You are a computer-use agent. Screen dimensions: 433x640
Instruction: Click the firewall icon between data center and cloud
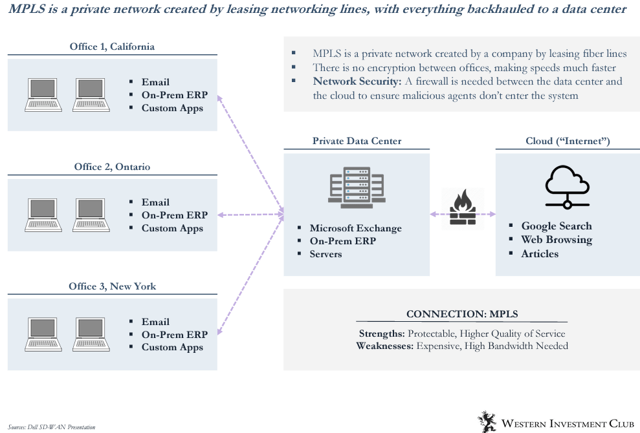click(x=462, y=208)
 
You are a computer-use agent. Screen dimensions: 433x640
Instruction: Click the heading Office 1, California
click(x=112, y=47)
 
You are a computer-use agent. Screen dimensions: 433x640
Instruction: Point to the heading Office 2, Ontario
click(x=112, y=167)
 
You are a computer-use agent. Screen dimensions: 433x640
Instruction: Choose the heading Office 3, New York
click(x=112, y=286)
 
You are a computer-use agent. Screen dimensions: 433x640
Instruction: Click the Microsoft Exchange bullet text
click(x=355, y=228)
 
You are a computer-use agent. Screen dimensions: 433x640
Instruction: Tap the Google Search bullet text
click(x=557, y=226)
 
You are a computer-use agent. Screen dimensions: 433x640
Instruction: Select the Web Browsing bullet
click(x=557, y=240)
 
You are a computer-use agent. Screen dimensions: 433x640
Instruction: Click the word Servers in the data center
click(x=326, y=254)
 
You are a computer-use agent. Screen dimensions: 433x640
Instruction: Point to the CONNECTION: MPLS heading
click(x=462, y=314)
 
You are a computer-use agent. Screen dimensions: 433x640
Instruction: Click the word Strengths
click(x=382, y=333)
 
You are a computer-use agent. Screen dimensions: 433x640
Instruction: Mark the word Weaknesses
click(x=384, y=346)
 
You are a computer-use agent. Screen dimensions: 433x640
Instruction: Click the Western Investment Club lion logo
click(x=487, y=421)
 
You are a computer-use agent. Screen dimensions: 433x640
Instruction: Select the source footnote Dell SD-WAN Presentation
click(x=52, y=427)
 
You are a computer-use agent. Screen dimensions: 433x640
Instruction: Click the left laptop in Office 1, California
click(x=45, y=94)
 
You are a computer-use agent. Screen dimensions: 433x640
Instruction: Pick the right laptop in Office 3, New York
click(x=89, y=334)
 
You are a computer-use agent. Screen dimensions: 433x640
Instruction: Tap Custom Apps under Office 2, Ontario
click(x=172, y=228)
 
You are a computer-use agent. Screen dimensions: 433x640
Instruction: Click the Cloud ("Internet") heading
click(x=568, y=141)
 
